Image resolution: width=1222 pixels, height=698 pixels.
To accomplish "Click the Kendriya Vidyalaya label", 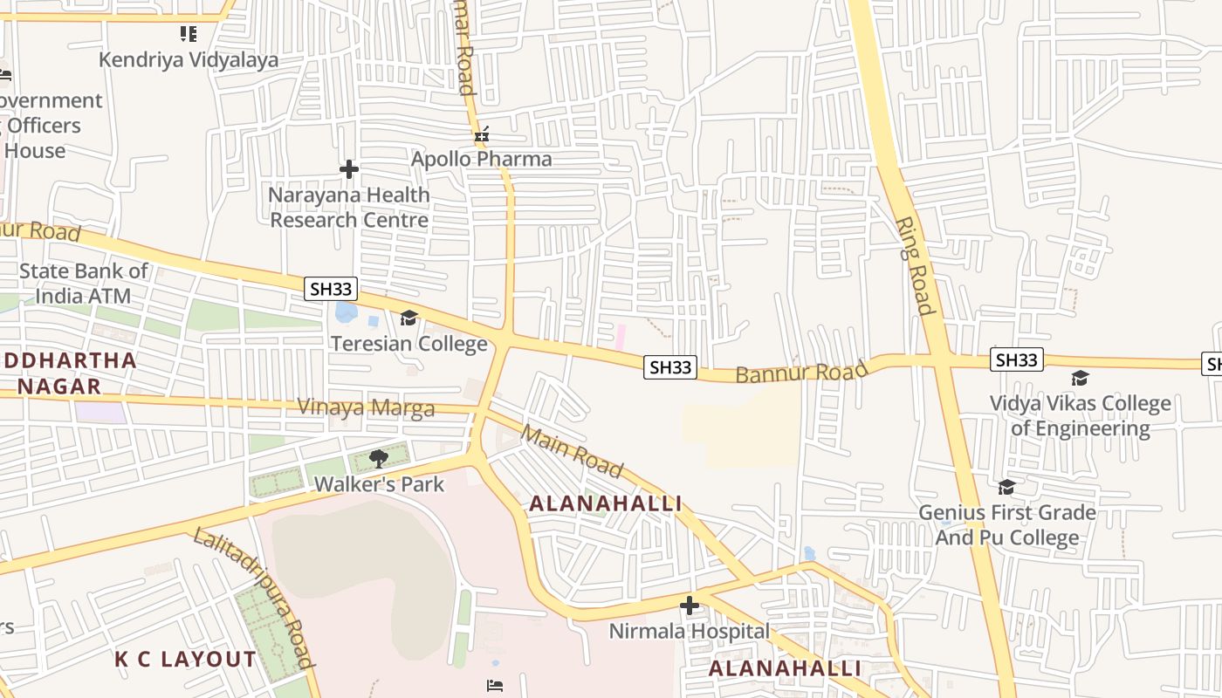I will click(x=189, y=59).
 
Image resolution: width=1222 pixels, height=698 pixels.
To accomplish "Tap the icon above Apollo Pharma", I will click(x=481, y=135).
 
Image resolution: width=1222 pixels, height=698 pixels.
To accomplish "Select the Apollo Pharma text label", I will click(x=482, y=159).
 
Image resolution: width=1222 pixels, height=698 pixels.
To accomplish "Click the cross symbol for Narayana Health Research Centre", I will click(x=349, y=169).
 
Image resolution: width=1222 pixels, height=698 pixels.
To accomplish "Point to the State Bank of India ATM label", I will click(x=84, y=284).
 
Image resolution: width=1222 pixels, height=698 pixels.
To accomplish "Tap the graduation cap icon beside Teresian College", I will click(x=408, y=318).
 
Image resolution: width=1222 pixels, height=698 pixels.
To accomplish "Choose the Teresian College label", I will click(x=408, y=343).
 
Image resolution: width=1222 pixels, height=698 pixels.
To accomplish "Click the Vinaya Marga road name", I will click(x=366, y=407).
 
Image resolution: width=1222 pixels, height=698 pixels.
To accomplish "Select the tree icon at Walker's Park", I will click(x=379, y=459).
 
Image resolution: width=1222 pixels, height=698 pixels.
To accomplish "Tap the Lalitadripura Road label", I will click(x=253, y=598).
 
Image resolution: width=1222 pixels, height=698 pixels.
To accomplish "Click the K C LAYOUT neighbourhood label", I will click(x=186, y=660).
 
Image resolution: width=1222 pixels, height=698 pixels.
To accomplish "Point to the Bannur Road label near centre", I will click(x=801, y=372).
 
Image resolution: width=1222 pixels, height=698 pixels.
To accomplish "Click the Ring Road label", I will click(x=914, y=265).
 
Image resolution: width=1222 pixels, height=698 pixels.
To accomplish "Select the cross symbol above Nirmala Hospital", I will click(x=690, y=606).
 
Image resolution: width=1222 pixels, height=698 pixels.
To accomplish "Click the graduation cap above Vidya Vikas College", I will click(x=1080, y=379).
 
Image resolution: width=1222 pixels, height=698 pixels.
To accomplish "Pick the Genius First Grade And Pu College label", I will click(x=1007, y=525).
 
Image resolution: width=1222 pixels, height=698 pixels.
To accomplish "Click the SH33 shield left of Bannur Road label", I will click(x=670, y=368).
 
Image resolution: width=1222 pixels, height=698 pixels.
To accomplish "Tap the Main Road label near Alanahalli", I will click(x=572, y=450).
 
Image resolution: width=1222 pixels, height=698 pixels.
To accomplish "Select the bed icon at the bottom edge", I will click(x=495, y=685).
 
